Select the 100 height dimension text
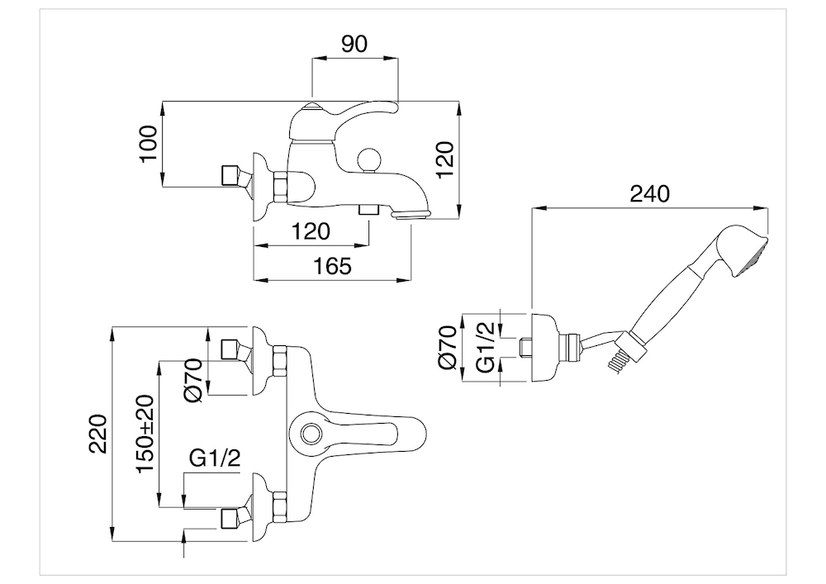coord(146,145)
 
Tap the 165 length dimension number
coord(332,266)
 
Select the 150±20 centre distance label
coord(145,434)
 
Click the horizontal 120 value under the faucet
coord(310,231)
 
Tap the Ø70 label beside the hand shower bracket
coord(447,347)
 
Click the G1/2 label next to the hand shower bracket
coord(487,347)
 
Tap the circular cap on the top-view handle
coord(312,432)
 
